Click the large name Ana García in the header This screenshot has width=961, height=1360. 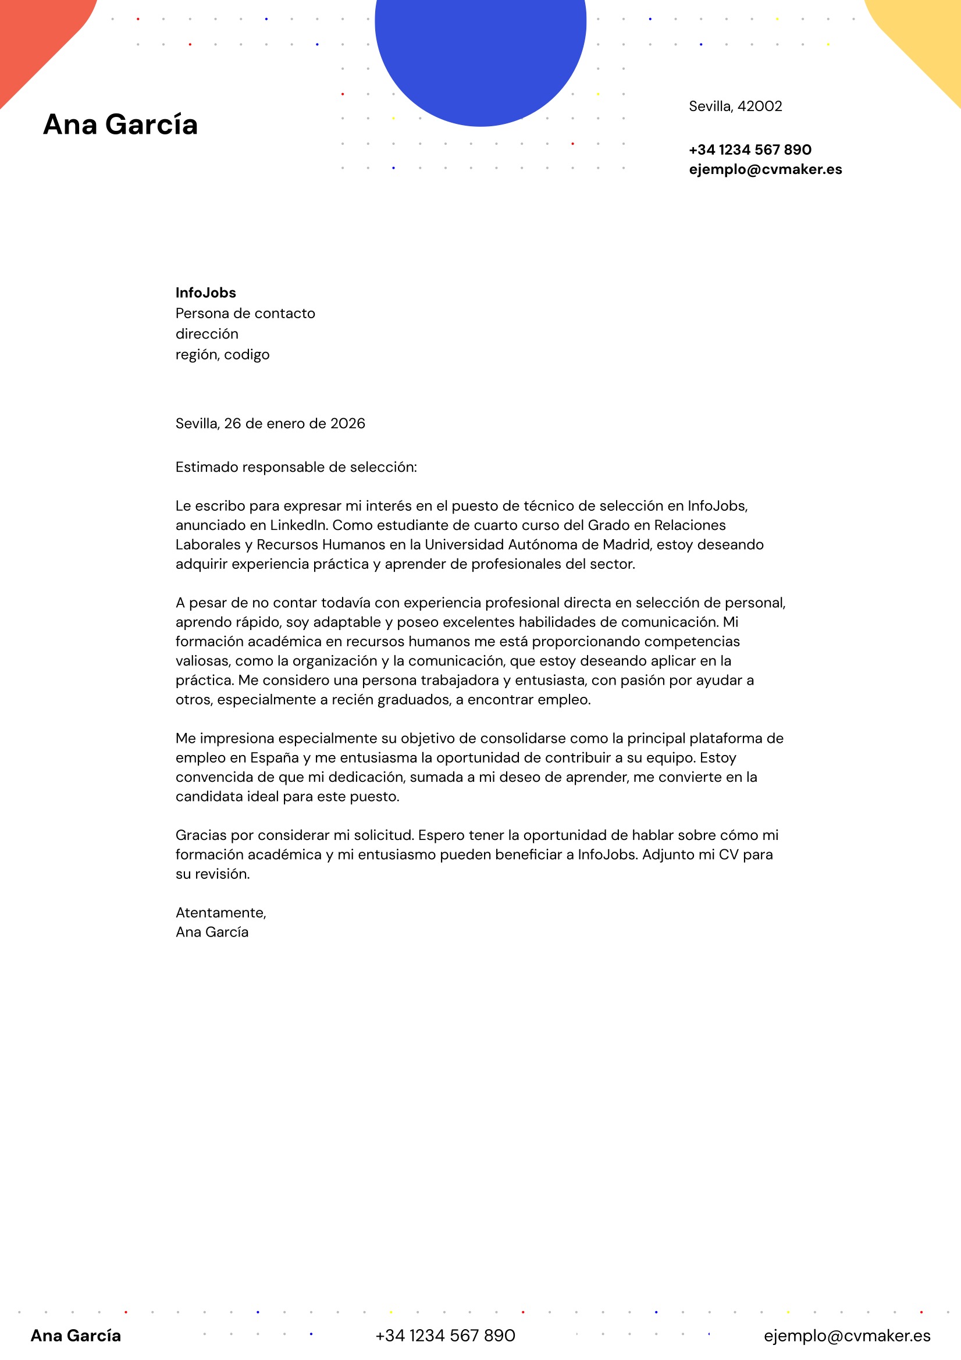point(120,124)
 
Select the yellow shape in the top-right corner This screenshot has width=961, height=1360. point(924,35)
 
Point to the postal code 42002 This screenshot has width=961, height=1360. point(760,106)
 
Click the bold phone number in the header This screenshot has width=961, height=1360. point(749,150)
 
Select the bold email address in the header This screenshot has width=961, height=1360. point(765,169)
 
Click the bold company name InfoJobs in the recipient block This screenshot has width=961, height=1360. point(205,293)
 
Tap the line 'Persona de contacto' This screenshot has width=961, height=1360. point(245,314)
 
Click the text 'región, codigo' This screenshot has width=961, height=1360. point(222,354)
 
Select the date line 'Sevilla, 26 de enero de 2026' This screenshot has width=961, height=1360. point(270,423)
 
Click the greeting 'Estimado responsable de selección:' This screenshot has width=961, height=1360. point(296,467)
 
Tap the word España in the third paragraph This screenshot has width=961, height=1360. point(275,758)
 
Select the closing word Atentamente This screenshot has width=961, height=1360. point(220,913)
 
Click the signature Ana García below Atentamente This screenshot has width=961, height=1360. point(212,932)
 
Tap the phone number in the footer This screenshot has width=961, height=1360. point(445,1336)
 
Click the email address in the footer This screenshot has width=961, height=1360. point(846,1336)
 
